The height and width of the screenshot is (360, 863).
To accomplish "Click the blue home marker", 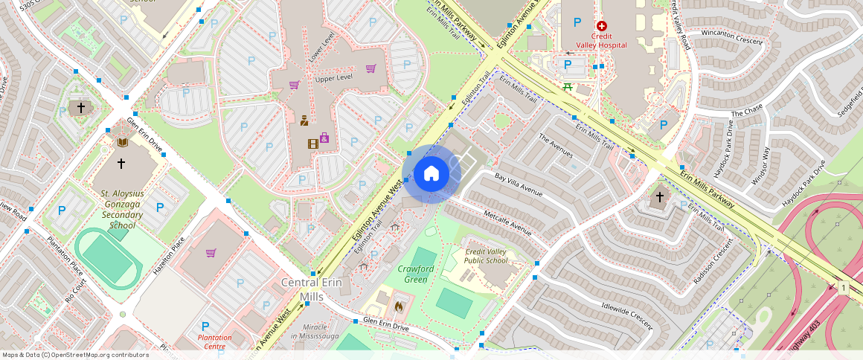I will coord(431,174).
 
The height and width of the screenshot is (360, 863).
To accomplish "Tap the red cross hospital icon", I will coord(602,26).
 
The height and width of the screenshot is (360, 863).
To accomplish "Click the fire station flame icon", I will coord(398,304).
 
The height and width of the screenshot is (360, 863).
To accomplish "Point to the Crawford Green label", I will coord(416,274).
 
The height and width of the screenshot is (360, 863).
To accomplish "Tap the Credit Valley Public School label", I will coord(486,257).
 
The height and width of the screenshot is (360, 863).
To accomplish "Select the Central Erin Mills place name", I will coord(311,289).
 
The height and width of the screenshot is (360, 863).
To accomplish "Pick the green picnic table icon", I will coord(568,87).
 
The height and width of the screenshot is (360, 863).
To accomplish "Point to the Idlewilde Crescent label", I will coord(626,315).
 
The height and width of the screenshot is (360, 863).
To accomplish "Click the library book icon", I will coord(123,142).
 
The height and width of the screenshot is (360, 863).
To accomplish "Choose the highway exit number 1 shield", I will coord(844,287).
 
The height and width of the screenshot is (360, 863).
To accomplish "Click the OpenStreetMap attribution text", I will coord(76,355).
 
